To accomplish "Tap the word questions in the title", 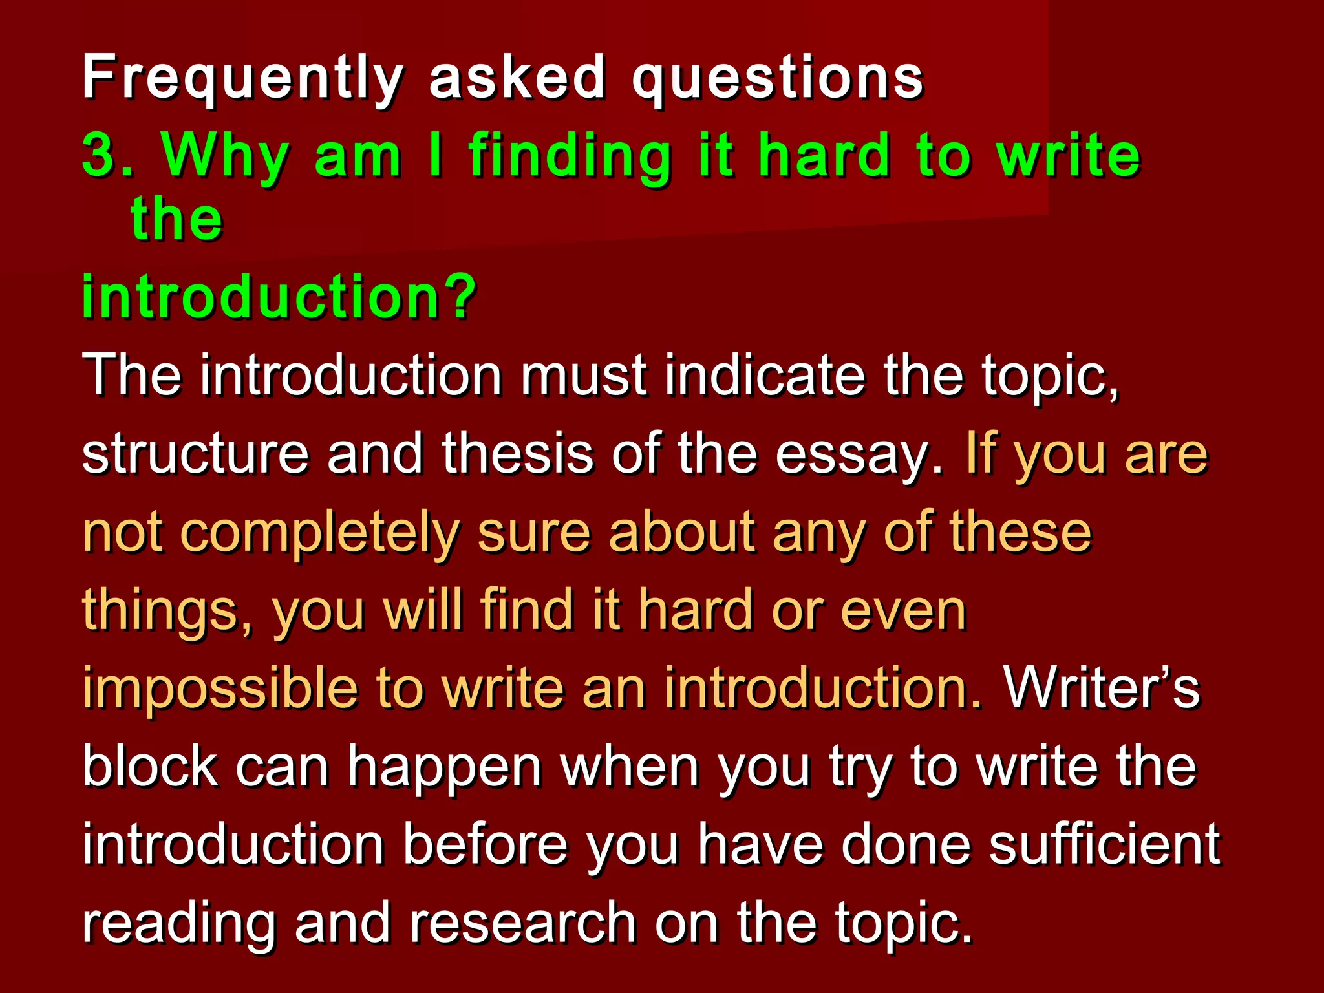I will [778, 79].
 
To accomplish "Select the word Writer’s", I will [1102, 688].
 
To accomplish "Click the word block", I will [150, 767].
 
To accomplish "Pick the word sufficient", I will [1104, 844].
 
